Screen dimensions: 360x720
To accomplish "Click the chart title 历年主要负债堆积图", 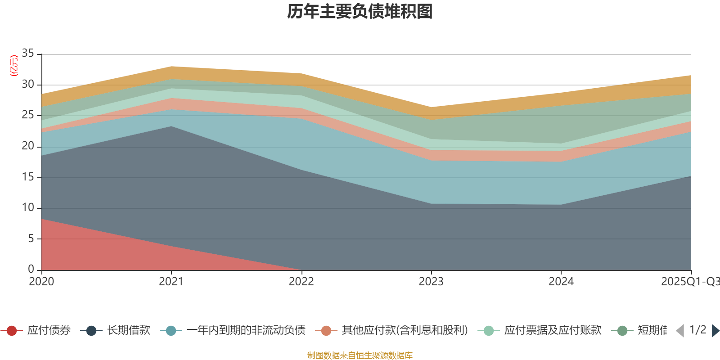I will [360, 12].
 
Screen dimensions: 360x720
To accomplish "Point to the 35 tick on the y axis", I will [28, 54].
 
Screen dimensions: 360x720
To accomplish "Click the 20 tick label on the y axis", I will [28, 146].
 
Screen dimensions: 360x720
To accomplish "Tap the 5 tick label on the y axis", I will [31, 238].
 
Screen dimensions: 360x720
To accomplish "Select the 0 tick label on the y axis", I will [31, 269].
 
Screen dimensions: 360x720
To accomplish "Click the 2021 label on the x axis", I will [171, 282].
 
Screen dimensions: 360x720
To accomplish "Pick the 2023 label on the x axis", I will [431, 282].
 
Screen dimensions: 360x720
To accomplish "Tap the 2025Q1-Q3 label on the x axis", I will [689, 282].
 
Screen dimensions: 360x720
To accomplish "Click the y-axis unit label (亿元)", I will [14, 66].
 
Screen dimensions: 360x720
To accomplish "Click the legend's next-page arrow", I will [715, 331].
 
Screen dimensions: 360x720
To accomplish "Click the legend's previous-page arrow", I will [680, 331].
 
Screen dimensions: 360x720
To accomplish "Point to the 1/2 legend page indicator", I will [697, 330].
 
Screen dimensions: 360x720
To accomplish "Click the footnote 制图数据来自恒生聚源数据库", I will [360, 355].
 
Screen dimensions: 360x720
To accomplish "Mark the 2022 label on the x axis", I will [301, 282].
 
